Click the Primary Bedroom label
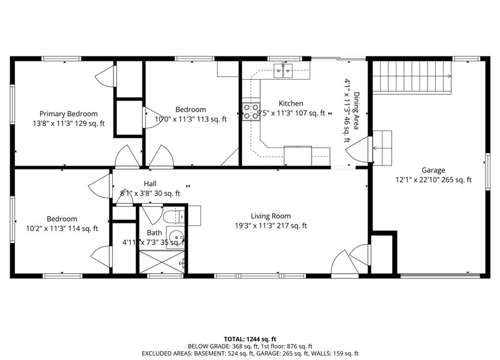[x=68, y=114]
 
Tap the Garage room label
[x=434, y=170]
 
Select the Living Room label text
[x=271, y=216]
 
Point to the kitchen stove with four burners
[x=251, y=112]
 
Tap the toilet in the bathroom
[x=174, y=216]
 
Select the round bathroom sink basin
[x=176, y=238]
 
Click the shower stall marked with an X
[x=162, y=262]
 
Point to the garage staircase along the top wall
[x=412, y=78]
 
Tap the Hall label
[x=150, y=183]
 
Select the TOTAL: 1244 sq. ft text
[x=250, y=339]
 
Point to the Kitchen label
[x=291, y=103]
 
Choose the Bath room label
[x=154, y=233]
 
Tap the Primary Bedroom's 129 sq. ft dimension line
[x=68, y=123]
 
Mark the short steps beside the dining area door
[x=382, y=148]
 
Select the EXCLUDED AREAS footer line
[x=250, y=353]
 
